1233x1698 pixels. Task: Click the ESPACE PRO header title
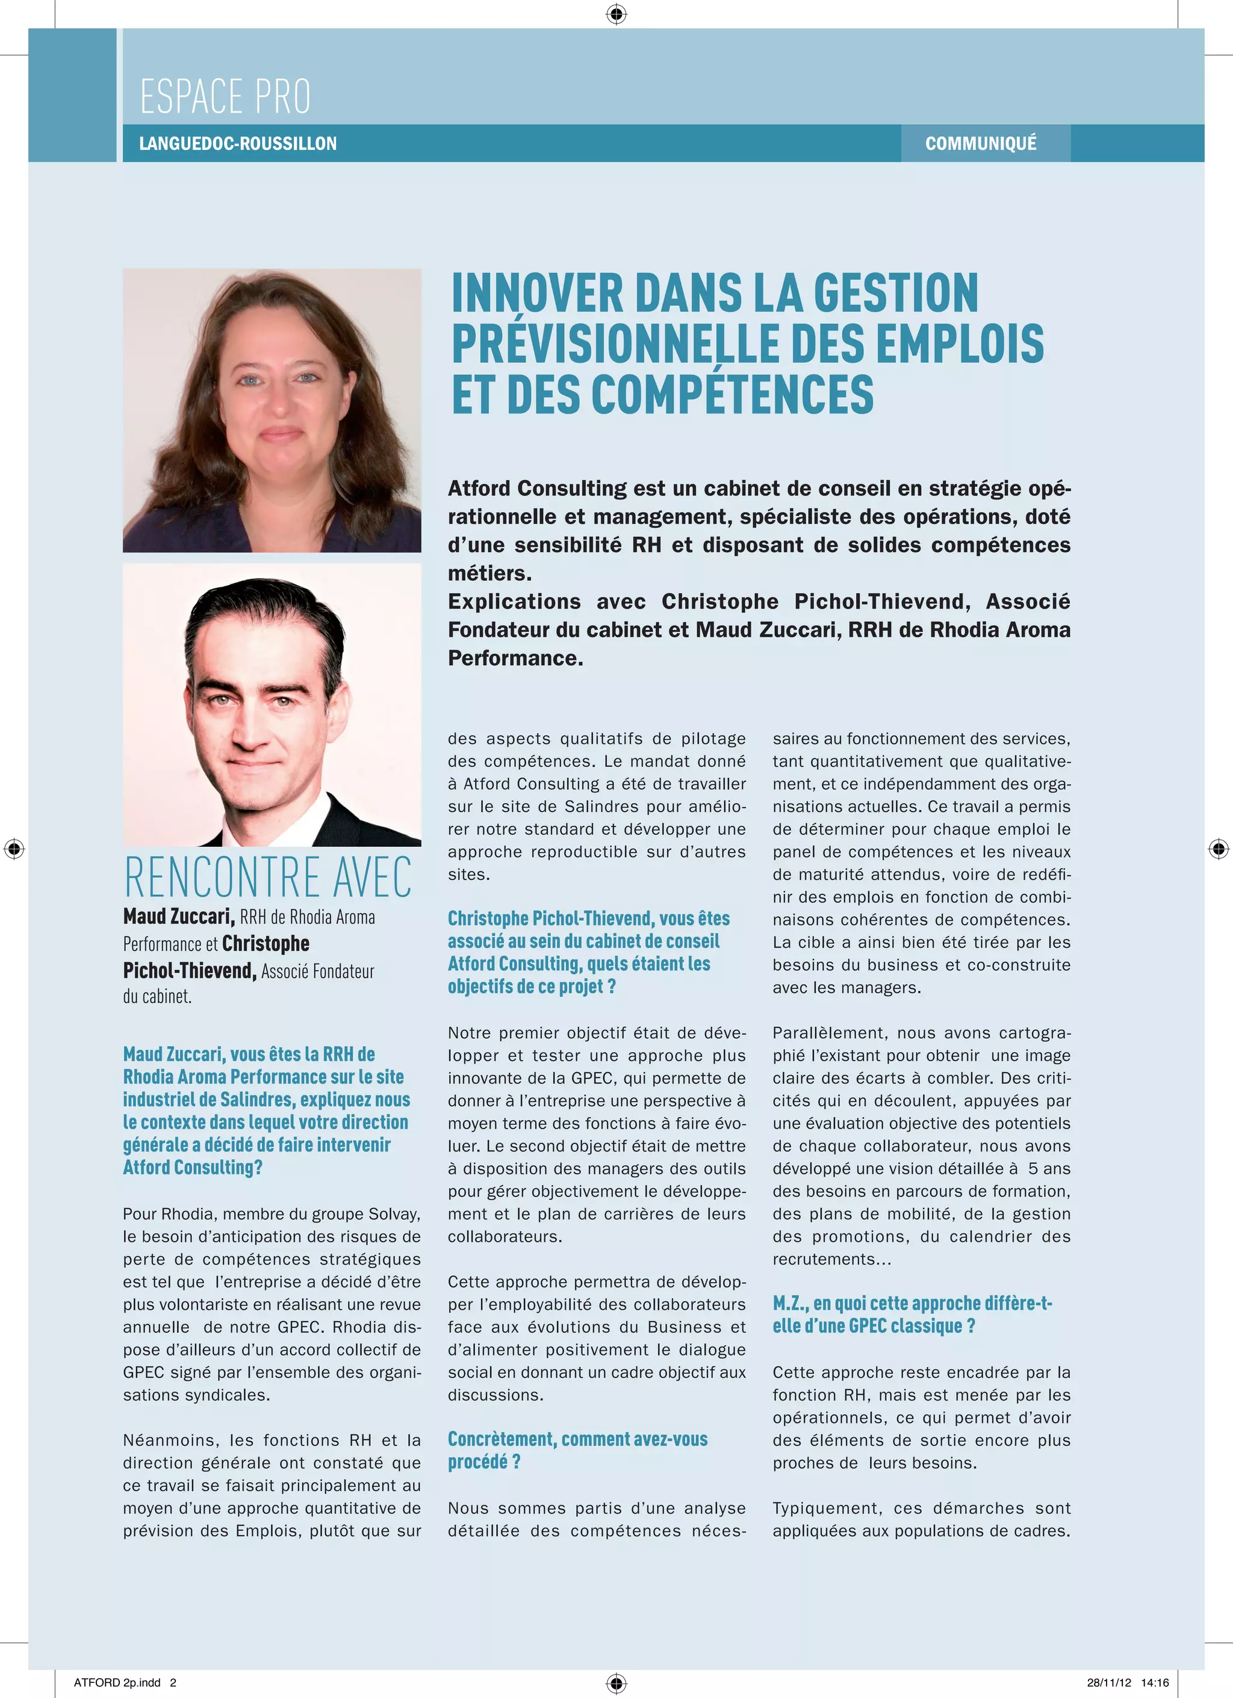225,96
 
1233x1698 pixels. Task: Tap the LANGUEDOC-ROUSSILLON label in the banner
238,144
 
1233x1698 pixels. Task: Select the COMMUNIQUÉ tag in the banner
981,144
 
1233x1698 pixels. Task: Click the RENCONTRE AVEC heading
268,877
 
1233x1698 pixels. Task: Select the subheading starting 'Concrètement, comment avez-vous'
577,1450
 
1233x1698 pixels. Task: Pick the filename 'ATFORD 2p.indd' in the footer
117,1682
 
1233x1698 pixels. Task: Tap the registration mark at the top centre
616,13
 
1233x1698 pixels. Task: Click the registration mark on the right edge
1218,849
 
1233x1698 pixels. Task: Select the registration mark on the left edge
14,849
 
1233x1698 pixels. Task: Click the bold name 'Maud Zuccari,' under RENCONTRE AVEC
179,916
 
